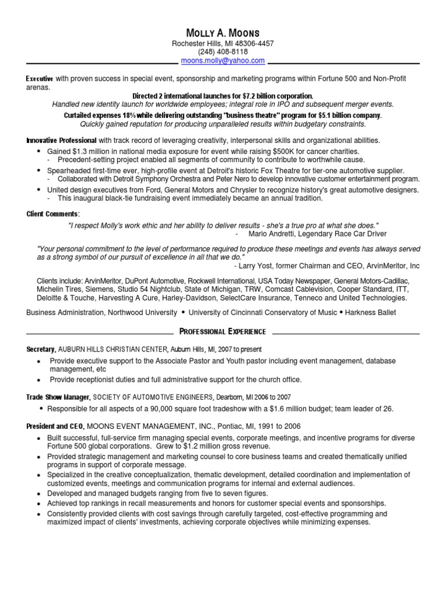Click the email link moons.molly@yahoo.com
(x=222, y=60)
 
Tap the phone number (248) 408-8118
(x=222, y=52)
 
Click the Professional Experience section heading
(x=223, y=332)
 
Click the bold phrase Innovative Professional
(x=62, y=141)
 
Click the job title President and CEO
(x=55, y=426)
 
